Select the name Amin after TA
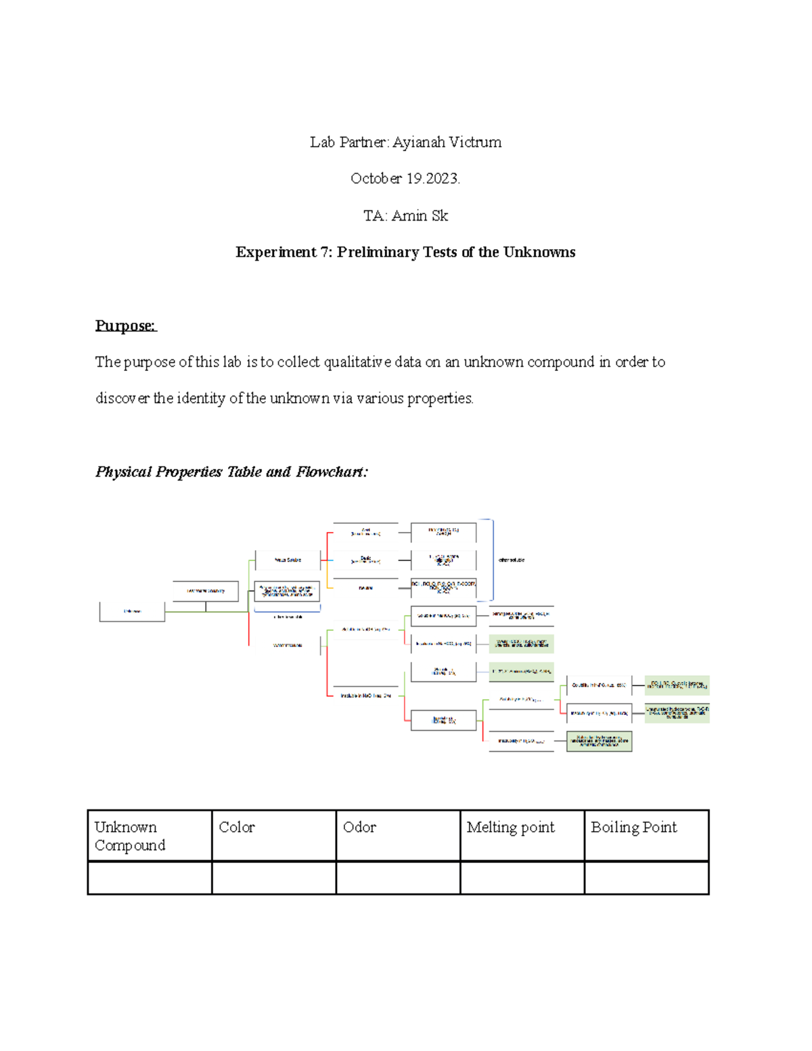click(409, 216)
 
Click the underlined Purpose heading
click(125, 326)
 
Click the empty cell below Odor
click(398, 878)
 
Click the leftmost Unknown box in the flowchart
click(132, 611)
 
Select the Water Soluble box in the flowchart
click(288, 560)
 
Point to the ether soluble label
click(512, 560)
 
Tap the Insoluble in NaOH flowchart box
click(365, 696)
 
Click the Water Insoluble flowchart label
click(288, 645)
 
